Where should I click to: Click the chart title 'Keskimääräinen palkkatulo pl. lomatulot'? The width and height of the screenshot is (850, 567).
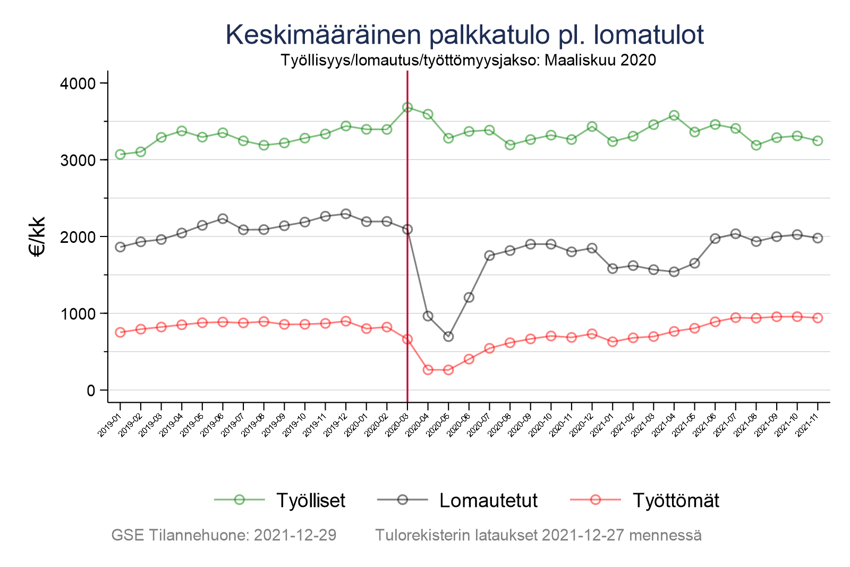click(x=464, y=35)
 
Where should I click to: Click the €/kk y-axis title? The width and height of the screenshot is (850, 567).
click(x=38, y=236)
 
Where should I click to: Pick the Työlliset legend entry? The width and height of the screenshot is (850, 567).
click(x=310, y=500)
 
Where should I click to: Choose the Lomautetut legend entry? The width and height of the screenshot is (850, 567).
click(x=488, y=500)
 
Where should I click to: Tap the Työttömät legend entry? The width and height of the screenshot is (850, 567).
click(x=675, y=500)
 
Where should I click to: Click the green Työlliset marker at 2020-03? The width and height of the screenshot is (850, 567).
click(x=407, y=107)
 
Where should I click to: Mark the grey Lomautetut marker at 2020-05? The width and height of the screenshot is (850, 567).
click(x=448, y=336)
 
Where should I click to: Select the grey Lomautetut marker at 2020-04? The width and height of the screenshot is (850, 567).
click(x=428, y=316)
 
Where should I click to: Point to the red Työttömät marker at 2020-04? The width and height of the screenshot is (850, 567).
click(x=428, y=370)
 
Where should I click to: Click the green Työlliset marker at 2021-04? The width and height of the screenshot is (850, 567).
click(x=674, y=115)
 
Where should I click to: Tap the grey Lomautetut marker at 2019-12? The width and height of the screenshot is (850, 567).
click(x=346, y=214)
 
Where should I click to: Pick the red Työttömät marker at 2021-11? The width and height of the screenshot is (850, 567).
click(x=818, y=318)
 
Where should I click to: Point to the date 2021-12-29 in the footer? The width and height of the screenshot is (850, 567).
click(x=295, y=535)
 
